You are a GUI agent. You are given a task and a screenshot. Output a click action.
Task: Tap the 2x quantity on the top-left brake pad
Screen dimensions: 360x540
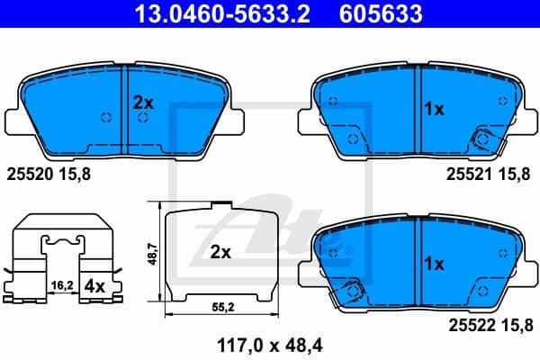(x=143, y=103)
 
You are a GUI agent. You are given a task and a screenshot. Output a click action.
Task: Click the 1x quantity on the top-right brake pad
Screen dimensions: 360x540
(x=434, y=109)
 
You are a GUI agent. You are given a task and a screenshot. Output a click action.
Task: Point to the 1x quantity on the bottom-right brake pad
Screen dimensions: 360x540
(x=434, y=264)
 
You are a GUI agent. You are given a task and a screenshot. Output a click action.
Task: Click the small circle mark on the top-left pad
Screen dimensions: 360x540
(x=107, y=119)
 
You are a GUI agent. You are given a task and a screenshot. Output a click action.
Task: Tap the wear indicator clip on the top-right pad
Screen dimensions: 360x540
(x=483, y=139)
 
